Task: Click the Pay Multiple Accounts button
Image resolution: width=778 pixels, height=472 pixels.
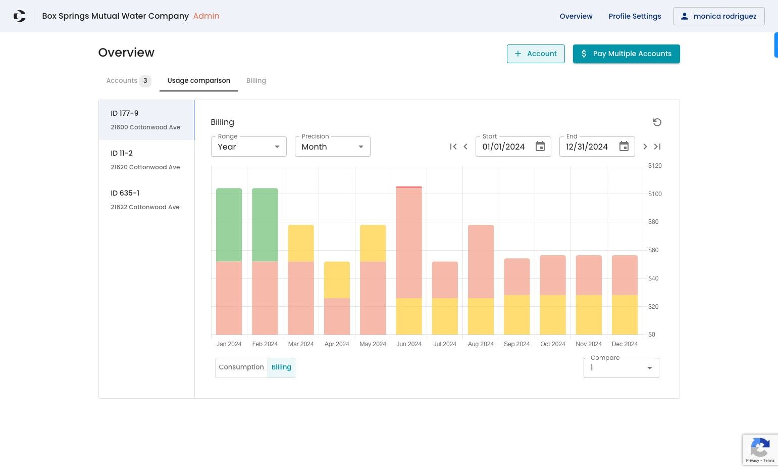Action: [x=626, y=54]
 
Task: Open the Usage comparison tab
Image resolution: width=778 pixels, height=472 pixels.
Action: [x=199, y=81]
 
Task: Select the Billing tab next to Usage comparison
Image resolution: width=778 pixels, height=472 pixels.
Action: [x=256, y=81]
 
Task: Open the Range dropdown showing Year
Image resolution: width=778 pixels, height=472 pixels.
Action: [x=249, y=147]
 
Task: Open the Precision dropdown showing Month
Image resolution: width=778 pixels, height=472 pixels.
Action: [x=332, y=147]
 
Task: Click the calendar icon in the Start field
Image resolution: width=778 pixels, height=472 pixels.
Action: [x=540, y=147]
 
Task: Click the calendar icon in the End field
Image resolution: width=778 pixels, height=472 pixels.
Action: [x=624, y=147]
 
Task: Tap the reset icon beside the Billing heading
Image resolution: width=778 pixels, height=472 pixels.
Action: [x=657, y=122]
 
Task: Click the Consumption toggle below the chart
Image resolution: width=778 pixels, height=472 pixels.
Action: [x=241, y=367]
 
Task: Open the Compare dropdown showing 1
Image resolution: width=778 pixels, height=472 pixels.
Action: [x=621, y=368]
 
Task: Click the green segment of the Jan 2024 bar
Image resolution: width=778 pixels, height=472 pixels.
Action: [x=229, y=225]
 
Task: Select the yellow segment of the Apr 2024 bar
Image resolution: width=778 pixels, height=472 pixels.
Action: [x=337, y=280]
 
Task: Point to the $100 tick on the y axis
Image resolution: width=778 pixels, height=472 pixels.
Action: [x=655, y=194]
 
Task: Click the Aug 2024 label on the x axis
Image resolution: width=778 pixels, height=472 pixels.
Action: [x=481, y=344]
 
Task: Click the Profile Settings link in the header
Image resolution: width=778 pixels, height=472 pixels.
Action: [x=635, y=16]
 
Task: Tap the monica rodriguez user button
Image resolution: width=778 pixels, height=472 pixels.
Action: [x=719, y=16]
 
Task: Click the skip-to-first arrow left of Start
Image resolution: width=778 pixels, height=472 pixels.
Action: [x=453, y=147]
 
